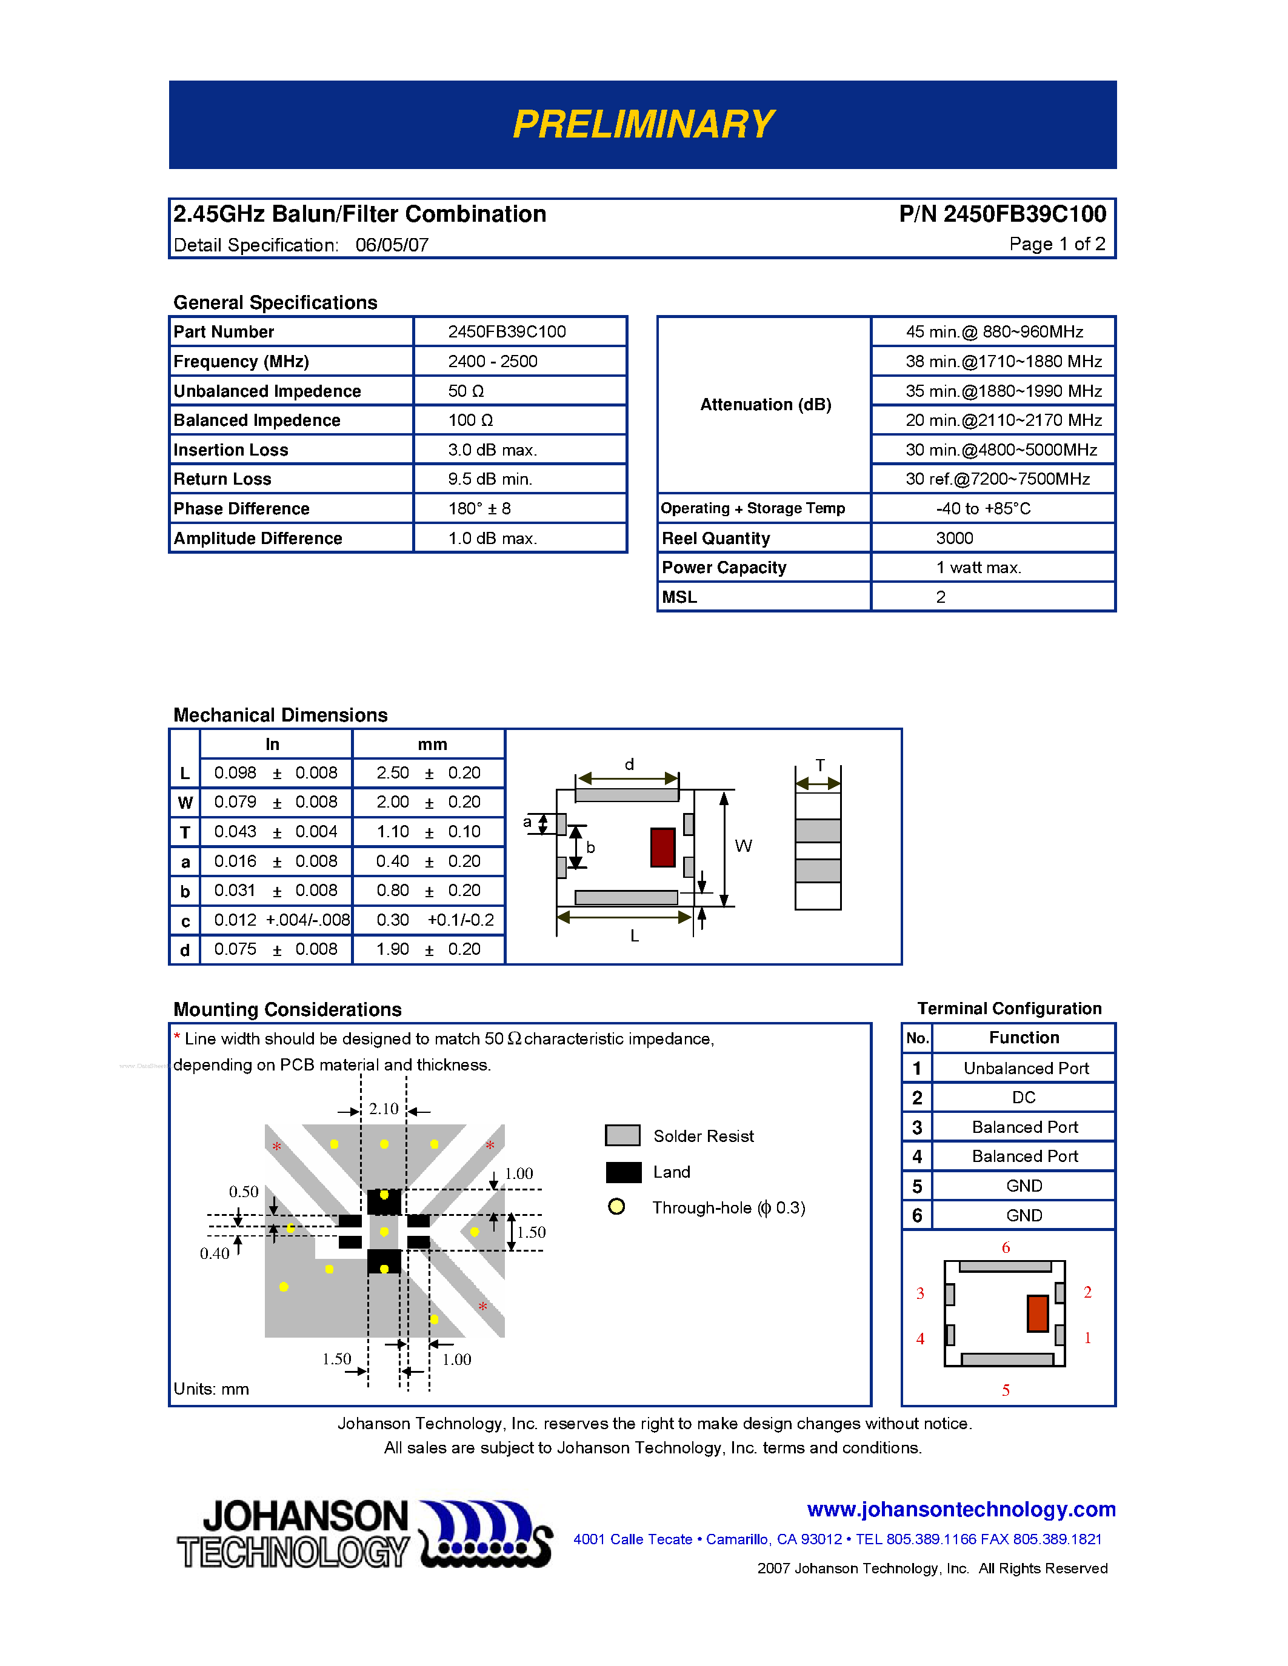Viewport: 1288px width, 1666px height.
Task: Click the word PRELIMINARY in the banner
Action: click(643, 124)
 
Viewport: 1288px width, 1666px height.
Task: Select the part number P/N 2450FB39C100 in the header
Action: click(1002, 214)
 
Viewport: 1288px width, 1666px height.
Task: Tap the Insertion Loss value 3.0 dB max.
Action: click(492, 450)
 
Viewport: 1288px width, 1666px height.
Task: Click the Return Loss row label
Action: click(222, 479)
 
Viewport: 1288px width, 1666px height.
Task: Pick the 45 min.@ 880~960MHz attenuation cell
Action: click(993, 332)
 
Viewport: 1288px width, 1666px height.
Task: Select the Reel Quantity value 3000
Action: click(954, 539)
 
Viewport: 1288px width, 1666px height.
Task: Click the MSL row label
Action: click(679, 597)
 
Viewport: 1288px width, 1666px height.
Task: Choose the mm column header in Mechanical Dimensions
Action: click(432, 744)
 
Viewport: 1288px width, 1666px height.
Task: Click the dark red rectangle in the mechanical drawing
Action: click(662, 848)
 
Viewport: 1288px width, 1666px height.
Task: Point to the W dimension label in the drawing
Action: click(743, 846)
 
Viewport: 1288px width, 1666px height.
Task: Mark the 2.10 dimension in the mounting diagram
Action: click(384, 1109)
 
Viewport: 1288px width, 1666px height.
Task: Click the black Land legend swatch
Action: click(624, 1172)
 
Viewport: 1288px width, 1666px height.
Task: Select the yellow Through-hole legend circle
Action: click(616, 1207)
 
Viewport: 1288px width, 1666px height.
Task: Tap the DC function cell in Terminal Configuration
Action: click(1023, 1098)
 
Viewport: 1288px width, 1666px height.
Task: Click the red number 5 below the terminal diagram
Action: click(1006, 1390)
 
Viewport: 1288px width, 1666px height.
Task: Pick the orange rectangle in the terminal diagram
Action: click(1037, 1313)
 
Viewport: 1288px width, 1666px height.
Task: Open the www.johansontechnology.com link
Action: click(961, 1510)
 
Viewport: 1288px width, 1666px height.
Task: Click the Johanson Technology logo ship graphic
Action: click(486, 1534)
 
